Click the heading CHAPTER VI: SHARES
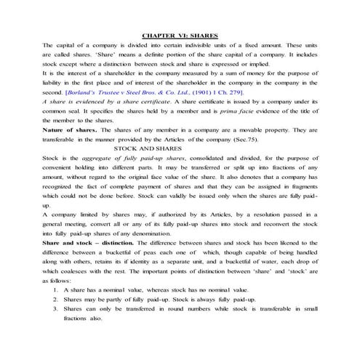(x=180, y=34)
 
